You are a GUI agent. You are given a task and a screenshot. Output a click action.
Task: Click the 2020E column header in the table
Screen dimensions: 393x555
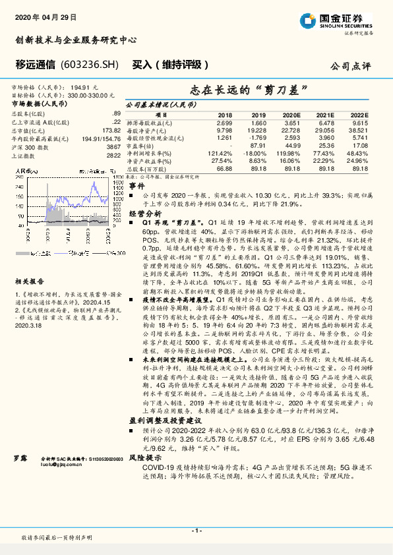pyautogui.click(x=291, y=115)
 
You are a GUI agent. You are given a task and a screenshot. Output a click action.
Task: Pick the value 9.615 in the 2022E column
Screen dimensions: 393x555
pyautogui.click(x=359, y=123)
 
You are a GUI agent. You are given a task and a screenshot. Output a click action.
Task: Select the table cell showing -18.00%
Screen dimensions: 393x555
pyautogui.click(x=257, y=152)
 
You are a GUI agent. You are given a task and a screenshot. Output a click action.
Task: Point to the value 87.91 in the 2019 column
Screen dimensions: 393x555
pyautogui.click(x=258, y=145)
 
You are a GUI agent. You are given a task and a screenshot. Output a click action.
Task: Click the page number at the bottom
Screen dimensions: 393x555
pyautogui.click(x=196, y=531)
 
